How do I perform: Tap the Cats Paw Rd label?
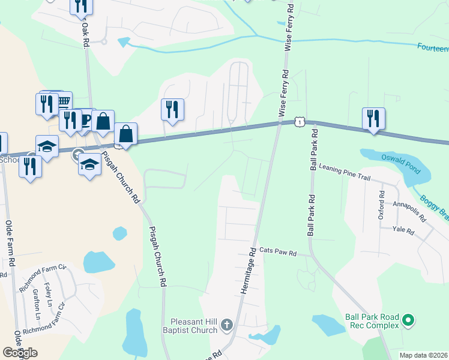(x=278, y=253)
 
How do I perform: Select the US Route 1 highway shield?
(x=298, y=122)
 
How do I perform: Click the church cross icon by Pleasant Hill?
(x=226, y=325)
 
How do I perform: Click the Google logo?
(x=20, y=353)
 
